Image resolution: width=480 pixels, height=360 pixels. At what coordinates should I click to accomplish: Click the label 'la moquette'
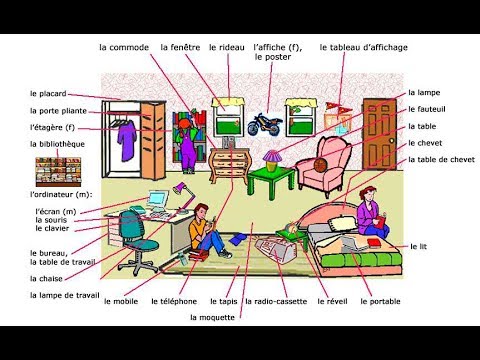[211, 318]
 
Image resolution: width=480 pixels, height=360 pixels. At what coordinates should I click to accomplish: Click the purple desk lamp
[181, 189]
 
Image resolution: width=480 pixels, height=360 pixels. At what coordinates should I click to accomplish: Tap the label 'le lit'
[418, 245]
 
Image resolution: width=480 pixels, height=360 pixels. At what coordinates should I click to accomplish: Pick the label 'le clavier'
[47, 228]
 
